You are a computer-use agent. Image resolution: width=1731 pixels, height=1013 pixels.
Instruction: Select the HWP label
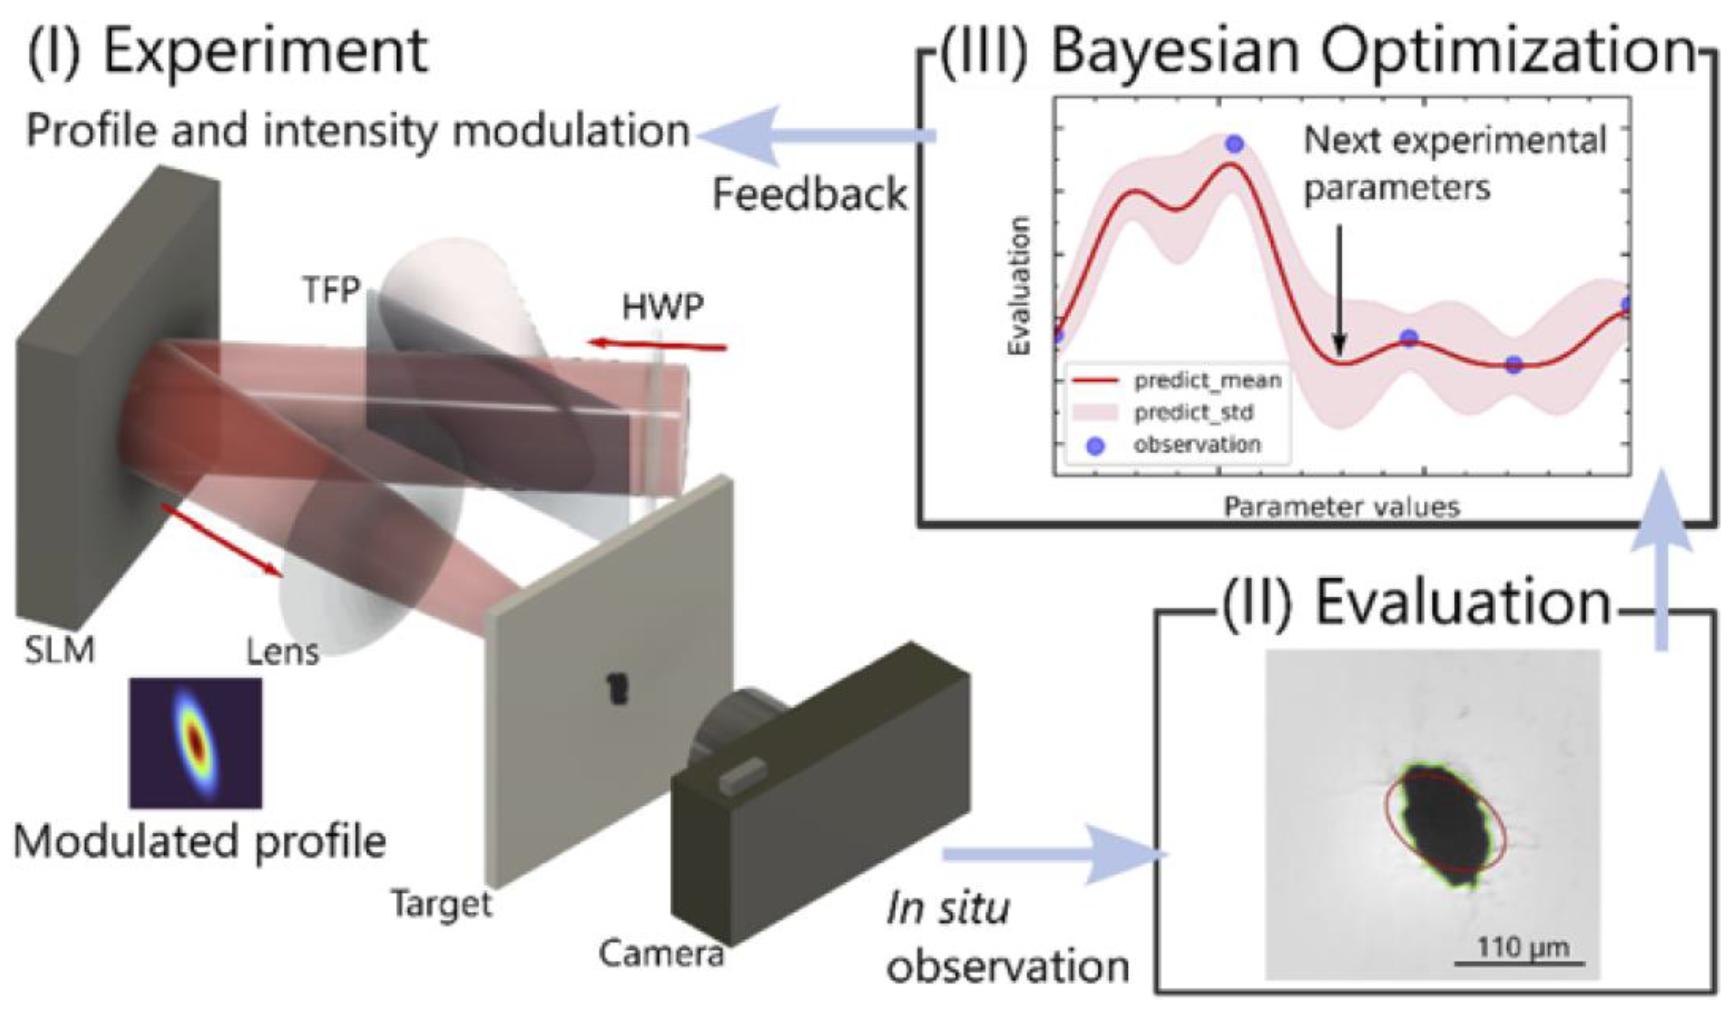pos(662,307)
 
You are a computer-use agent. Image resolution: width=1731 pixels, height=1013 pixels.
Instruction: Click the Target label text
pos(442,903)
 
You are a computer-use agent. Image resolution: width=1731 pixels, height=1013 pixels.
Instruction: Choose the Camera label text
pos(661,953)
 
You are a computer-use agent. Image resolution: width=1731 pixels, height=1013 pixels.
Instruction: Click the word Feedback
pos(809,194)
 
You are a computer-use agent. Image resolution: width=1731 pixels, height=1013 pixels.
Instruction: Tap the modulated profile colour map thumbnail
pos(196,743)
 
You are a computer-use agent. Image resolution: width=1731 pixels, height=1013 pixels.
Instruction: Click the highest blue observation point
pos(1234,144)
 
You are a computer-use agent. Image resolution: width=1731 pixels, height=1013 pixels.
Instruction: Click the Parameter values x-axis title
pos(1342,507)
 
